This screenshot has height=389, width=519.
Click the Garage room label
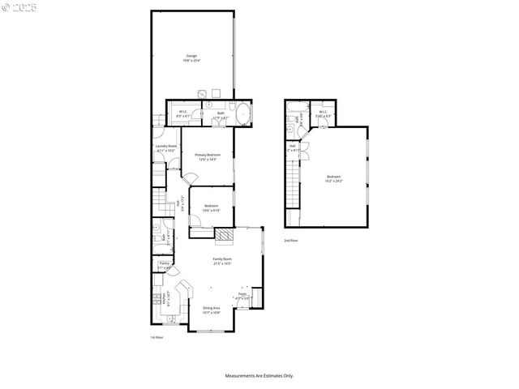coord(191,55)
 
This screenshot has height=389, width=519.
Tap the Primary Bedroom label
coord(208,154)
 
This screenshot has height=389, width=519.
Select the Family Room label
coord(222,259)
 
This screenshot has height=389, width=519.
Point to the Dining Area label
coord(211,307)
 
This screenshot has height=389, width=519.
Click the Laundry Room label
coord(166,146)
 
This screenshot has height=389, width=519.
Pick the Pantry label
coord(164,263)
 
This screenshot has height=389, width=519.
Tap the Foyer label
coord(242,294)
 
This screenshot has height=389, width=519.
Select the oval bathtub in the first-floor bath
coord(241,112)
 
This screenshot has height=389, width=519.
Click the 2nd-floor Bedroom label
coord(334,177)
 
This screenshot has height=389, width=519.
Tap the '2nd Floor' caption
coord(291,241)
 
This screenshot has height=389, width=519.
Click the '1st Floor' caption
coord(157,337)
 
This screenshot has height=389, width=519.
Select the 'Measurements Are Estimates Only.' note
coord(259,375)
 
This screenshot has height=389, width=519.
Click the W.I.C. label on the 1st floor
coord(183,113)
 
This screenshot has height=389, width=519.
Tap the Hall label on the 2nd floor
coord(292,146)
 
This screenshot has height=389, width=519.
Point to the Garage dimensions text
coord(191,61)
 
